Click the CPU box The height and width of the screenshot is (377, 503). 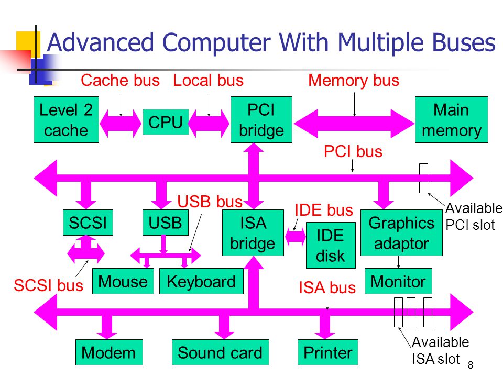166,122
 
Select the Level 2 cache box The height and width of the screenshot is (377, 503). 66,119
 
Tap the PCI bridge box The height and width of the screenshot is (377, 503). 261,119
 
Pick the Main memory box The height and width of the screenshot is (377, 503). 451,119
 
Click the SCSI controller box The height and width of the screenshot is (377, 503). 88,223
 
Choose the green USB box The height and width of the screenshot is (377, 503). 166,223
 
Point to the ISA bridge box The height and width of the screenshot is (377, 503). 253,232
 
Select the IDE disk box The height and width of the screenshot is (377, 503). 331,245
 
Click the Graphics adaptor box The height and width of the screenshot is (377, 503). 401,232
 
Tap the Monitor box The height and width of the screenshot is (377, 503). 398,281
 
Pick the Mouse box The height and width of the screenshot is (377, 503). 123,281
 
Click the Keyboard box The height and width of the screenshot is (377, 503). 201,281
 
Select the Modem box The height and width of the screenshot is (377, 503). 109,352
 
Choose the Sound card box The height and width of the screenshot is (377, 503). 221,352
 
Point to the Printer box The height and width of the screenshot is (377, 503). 328,352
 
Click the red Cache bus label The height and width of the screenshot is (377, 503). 120,80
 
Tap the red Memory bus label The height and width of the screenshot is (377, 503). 354,81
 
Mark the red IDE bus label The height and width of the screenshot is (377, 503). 324,210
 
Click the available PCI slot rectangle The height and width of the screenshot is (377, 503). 423,178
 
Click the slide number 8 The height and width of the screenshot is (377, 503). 471,365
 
